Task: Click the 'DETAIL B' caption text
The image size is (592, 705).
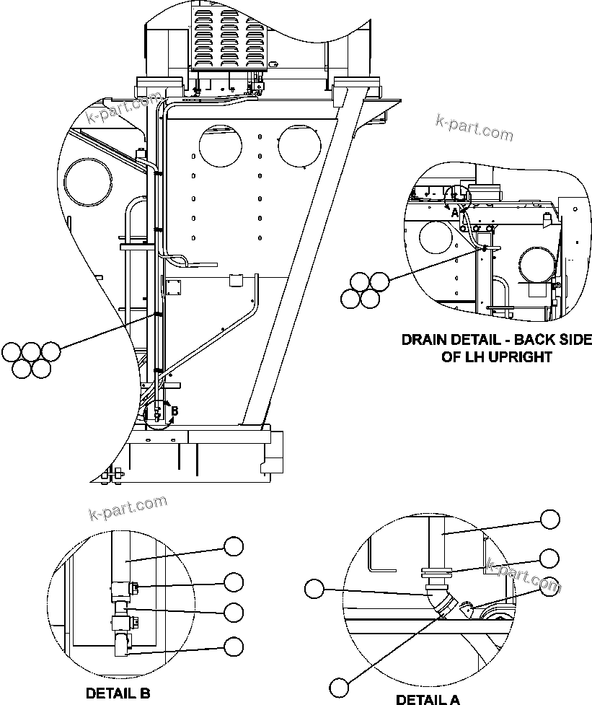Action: point(118,693)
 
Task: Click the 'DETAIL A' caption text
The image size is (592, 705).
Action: point(428,699)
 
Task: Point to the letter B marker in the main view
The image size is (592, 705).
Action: point(174,411)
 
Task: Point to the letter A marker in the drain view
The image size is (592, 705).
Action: point(454,213)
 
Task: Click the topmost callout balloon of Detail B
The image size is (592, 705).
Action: point(234,547)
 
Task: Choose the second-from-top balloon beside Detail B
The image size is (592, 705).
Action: point(234,581)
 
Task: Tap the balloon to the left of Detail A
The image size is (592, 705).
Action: point(314,589)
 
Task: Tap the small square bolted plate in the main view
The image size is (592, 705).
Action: point(174,287)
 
